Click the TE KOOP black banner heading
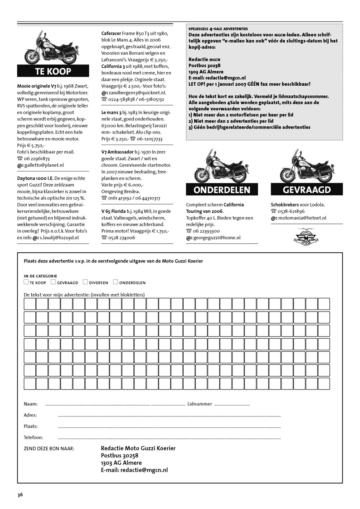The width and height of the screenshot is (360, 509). [x=53, y=71]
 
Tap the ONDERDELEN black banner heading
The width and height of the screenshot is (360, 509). [x=222, y=190]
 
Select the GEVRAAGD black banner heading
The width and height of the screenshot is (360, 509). [x=306, y=190]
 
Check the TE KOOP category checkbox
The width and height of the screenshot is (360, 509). [x=26, y=282]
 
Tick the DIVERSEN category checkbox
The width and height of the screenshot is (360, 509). [x=85, y=282]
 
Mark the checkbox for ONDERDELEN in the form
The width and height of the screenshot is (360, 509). [x=116, y=282]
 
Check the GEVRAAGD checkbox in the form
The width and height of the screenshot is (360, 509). [x=53, y=282]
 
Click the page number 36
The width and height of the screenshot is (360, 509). [x=20, y=495]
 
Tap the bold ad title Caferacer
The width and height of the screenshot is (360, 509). [x=111, y=33]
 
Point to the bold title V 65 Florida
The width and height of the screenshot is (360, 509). [x=113, y=211]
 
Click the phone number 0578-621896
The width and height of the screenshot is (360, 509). [x=291, y=211]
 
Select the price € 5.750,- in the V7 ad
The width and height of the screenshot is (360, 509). [x=35, y=145]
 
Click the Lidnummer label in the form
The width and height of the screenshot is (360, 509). [x=199, y=404]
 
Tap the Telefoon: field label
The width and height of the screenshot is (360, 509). [x=33, y=437]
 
